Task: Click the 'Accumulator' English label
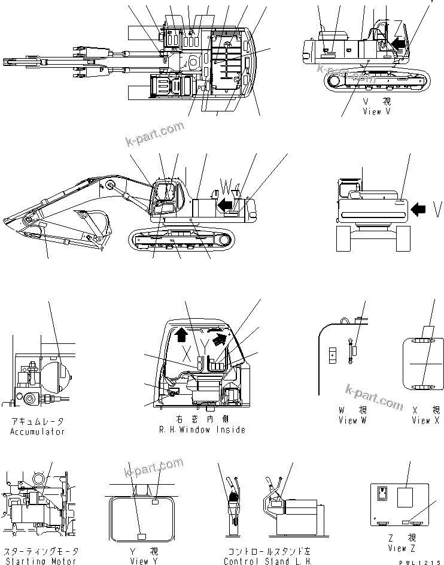(x=37, y=431)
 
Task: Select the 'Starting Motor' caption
(x=40, y=561)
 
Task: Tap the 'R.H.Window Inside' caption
(x=202, y=430)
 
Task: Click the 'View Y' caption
(x=144, y=561)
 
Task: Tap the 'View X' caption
(x=425, y=421)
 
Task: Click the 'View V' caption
(x=376, y=111)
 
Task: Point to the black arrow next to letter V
(x=419, y=209)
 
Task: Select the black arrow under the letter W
(x=225, y=206)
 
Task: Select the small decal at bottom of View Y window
(x=142, y=535)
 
